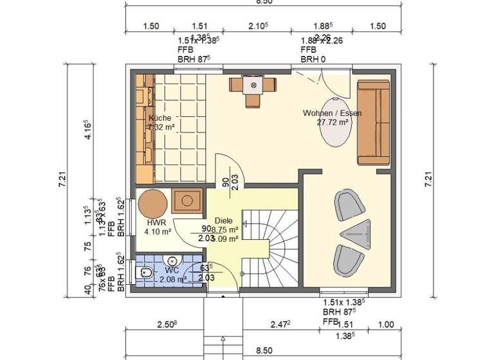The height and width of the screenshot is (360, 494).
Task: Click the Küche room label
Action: tap(160, 118)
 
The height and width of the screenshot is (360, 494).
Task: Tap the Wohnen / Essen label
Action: tap(332, 113)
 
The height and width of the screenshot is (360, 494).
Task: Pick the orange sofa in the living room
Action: tap(374, 122)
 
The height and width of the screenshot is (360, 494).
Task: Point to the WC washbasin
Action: tap(172, 260)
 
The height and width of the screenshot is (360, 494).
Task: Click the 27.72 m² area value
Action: tap(333, 122)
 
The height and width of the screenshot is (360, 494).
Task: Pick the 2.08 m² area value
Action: tap(172, 279)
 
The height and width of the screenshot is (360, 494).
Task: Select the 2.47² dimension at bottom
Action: tap(280, 325)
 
